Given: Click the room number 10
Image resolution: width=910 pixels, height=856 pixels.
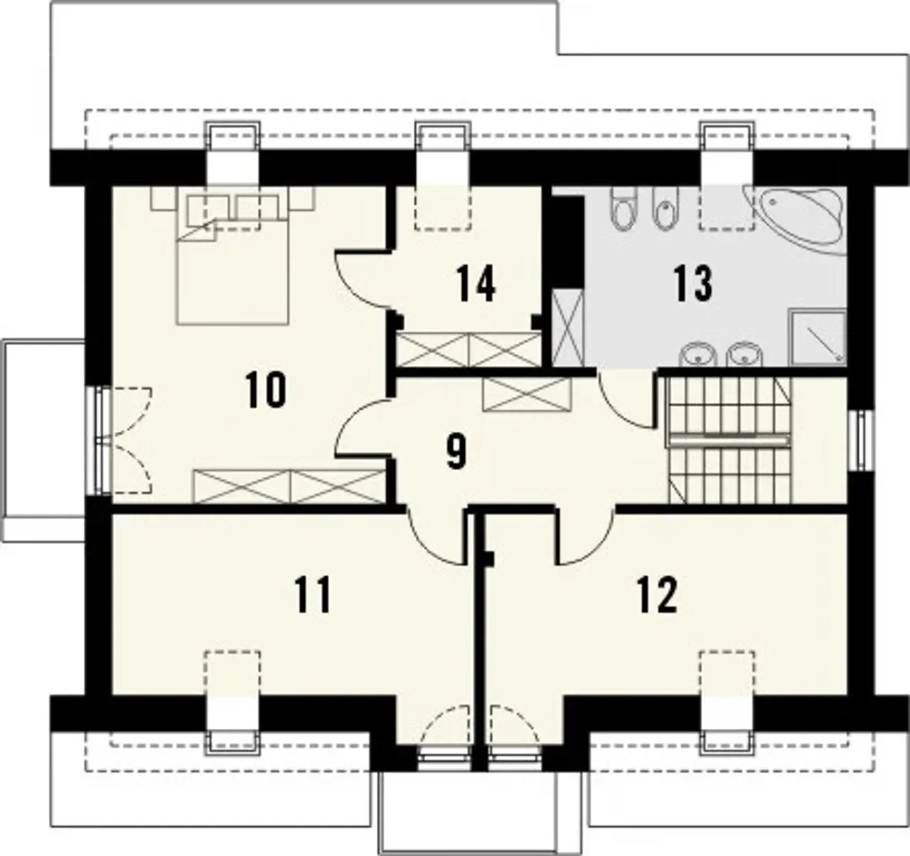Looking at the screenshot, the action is coord(266,389).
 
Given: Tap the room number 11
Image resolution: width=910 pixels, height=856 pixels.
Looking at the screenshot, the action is coord(313,595).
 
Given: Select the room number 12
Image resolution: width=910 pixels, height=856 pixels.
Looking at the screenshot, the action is coord(657,595).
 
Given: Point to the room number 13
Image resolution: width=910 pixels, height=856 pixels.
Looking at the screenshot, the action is coord(692,284).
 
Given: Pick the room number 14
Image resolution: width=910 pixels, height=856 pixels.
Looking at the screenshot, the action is coord(476,284).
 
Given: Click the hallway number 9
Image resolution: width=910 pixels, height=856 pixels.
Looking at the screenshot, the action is coord(456,452).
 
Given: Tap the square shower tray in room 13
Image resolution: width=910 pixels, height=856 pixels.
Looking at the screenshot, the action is coord(817,337).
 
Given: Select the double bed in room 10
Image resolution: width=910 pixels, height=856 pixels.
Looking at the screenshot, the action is coord(232,256).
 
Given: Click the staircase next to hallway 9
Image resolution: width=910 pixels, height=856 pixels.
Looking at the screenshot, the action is coord(729,440).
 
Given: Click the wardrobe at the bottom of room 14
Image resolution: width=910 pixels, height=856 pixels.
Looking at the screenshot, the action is coord(469,350).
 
